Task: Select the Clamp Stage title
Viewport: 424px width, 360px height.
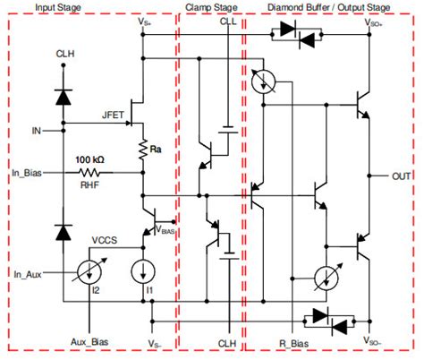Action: coord(210,7)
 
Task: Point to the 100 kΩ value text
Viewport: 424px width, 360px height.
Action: coord(91,159)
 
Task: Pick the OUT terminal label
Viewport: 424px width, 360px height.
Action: coord(401,176)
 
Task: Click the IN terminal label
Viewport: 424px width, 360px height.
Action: coord(36,131)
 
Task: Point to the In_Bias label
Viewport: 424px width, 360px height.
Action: coord(29,171)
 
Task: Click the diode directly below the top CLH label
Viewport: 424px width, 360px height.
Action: coord(64,93)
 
